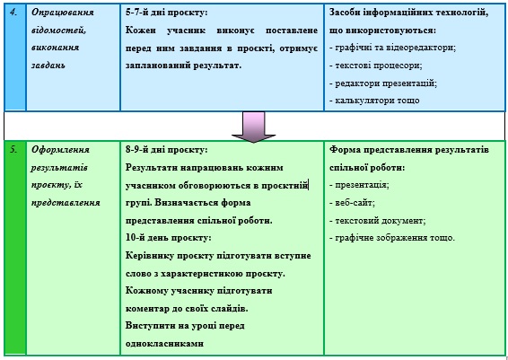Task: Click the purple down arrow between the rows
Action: pos(253,127)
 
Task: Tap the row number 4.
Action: pos(13,13)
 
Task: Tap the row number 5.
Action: pos(13,150)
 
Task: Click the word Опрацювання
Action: pos(63,13)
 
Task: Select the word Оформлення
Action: pos(60,150)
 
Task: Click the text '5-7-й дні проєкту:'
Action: pos(167,13)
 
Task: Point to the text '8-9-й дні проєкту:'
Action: pos(167,150)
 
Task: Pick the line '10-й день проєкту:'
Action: pos(169,238)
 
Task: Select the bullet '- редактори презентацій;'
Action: pos(383,83)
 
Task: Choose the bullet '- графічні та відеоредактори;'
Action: pos(393,48)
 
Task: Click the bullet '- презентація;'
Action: pos(359,185)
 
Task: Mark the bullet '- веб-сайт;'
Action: pos(352,203)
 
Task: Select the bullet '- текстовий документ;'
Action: pos(378,220)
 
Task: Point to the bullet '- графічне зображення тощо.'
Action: pos(392,238)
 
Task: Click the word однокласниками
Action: pos(164,343)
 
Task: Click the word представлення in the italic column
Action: pos(66,203)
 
